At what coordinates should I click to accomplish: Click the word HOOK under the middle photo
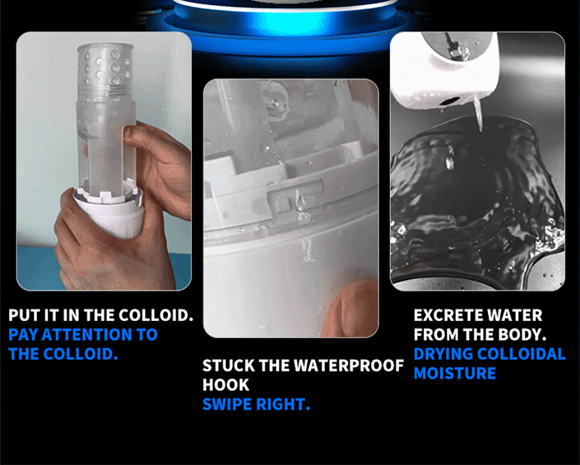pos(226,385)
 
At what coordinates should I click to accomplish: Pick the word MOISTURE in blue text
pos(455,373)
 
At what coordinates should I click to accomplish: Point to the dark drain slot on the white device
pos(450,100)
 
